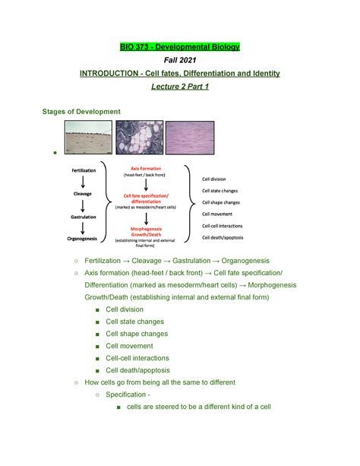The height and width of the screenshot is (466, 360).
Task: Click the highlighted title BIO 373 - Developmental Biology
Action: click(179, 48)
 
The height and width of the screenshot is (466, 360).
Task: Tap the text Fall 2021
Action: click(179, 60)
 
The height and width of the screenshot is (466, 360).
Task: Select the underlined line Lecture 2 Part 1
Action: click(179, 87)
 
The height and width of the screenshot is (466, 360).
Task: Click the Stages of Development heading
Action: click(81, 112)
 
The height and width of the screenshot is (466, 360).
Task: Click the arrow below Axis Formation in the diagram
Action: click(145, 184)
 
